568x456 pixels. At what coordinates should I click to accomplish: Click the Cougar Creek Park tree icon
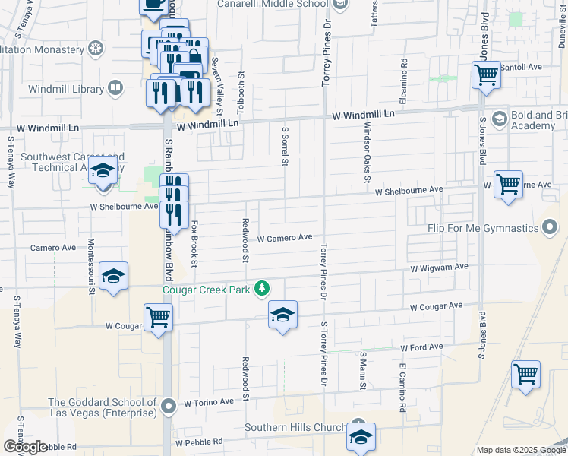(262, 288)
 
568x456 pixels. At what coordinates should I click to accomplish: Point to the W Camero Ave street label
(285, 238)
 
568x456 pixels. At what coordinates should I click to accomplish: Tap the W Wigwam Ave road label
(440, 268)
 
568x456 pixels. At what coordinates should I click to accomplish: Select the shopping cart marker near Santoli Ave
(486, 76)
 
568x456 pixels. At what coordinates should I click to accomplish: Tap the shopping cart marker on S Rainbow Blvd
(158, 318)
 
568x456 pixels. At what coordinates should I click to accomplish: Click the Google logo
(25, 446)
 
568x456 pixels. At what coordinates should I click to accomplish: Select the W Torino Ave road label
(209, 401)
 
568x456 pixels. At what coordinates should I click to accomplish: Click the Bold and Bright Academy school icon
(500, 119)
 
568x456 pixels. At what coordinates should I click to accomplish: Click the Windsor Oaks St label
(367, 152)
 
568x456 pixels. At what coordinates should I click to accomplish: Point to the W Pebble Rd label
(199, 442)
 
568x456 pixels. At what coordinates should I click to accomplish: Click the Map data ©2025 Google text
(520, 450)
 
